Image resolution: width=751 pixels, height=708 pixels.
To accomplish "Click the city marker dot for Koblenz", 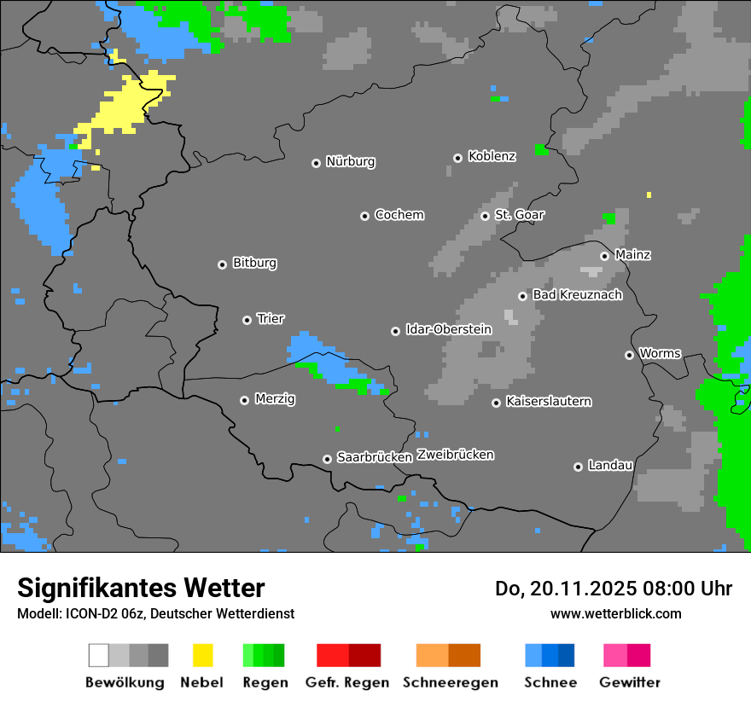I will pyautogui.click(x=457, y=158).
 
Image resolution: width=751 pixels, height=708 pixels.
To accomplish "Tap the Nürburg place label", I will pyautogui.click(x=350, y=162).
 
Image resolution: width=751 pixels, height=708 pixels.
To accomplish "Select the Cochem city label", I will pyautogui.click(x=399, y=215).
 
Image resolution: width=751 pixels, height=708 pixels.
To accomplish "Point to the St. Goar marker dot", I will pyautogui.click(x=485, y=216).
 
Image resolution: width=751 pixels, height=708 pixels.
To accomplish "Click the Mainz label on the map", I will pyautogui.click(x=632, y=255).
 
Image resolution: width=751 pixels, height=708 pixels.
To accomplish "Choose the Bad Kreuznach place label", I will pyautogui.click(x=577, y=295).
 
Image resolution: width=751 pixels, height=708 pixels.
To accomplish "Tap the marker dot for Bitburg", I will pyautogui.click(x=222, y=264).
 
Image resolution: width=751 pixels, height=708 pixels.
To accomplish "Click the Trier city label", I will pyautogui.click(x=271, y=319).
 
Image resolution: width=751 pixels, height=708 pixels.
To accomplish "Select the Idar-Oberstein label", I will pyautogui.click(x=448, y=330).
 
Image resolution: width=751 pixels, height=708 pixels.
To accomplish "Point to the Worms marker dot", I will pyautogui.click(x=629, y=355).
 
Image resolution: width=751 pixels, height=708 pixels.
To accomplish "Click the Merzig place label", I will pyautogui.click(x=275, y=399).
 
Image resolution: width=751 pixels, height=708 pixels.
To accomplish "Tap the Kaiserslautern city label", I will pyautogui.click(x=548, y=402).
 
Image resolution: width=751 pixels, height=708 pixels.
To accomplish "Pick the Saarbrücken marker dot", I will pyautogui.click(x=327, y=459).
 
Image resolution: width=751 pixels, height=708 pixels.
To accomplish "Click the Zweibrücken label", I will pyautogui.click(x=455, y=456).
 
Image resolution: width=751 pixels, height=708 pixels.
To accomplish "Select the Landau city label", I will pyautogui.click(x=610, y=466).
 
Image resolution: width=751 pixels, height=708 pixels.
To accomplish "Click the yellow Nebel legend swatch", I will pyautogui.click(x=202, y=655).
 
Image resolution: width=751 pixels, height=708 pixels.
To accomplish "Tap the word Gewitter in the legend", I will pyautogui.click(x=629, y=682).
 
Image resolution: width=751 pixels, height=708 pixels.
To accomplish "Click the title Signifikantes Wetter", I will pyautogui.click(x=141, y=589).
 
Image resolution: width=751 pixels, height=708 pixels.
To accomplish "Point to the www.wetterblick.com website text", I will pyautogui.click(x=615, y=613).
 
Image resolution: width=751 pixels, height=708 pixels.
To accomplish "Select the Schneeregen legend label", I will pyautogui.click(x=450, y=682).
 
